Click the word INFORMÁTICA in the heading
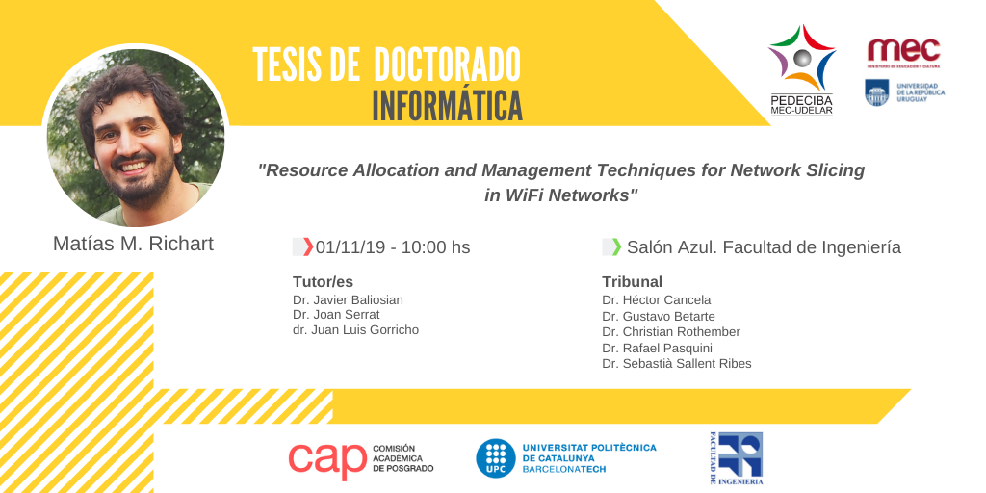[447, 106]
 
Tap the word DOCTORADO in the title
[447, 65]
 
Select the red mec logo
[903, 50]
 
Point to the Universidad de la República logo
[904, 92]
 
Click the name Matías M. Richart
[133, 244]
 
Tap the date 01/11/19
[350, 247]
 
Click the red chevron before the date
[308, 247]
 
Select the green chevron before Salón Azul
[617, 247]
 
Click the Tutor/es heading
[323, 282]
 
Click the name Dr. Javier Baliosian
[348, 300]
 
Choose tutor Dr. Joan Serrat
[336, 315]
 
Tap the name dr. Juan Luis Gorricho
[355, 330]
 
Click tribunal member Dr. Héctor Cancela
[656, 300]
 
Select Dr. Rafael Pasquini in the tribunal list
[657, 348]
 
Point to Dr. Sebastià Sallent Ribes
[677, 363]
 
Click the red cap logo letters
[327, 461]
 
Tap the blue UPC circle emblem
[496, 457]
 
